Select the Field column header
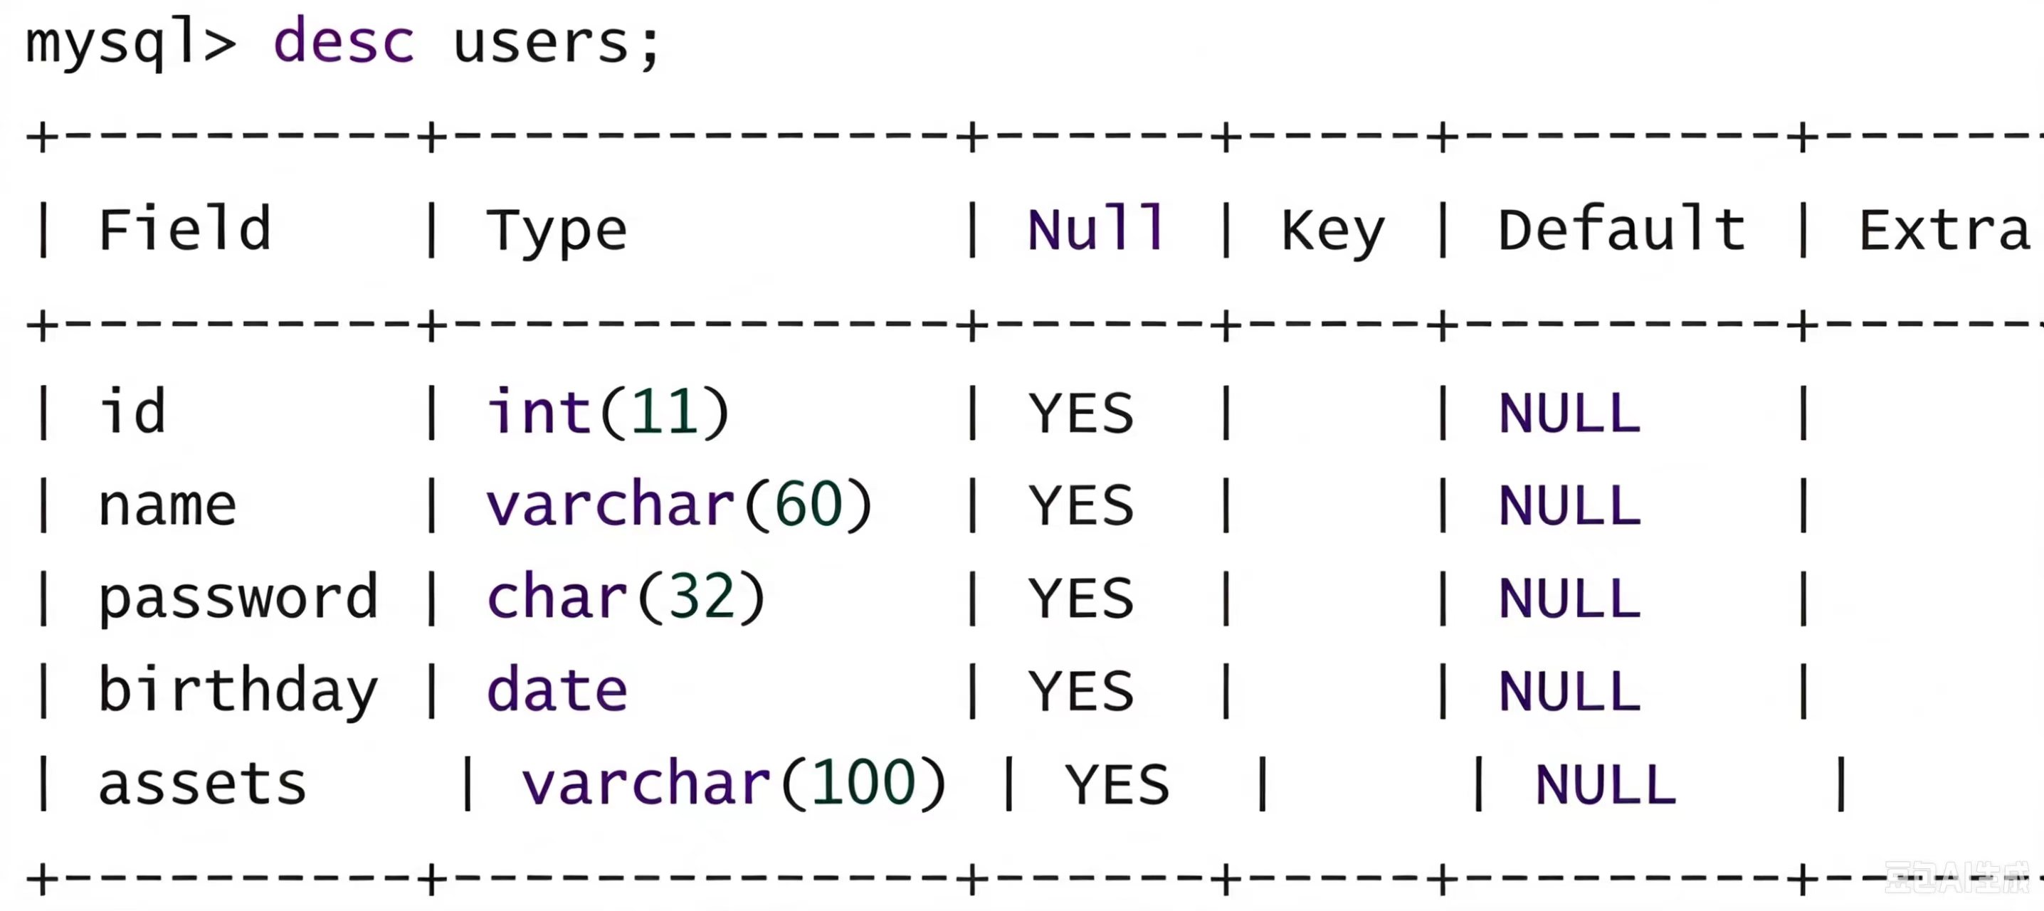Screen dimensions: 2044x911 pyautogui.click(x=185, y=228)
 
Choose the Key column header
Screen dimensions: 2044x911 pyautogui.click(x=1333, y=232)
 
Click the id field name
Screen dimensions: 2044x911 pyautogui.click(x=132, y=411)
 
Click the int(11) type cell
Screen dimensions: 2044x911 pyautogui.click(x=608, y=411)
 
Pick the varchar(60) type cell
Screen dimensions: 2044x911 pyautogui.click(x=679, y=504)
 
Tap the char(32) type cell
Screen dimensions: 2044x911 pyautogui.click(x=626, y=596)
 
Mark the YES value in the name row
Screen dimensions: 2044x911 pyautogui.click(x=1081, y=505)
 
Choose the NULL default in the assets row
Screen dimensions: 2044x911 pyautogui.click(x=1605, y=785)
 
